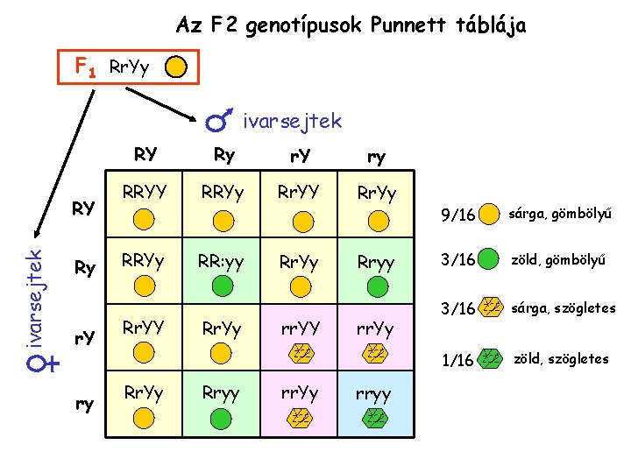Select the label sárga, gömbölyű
click(x=560, y=214)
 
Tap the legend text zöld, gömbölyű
click(x=561, y=260)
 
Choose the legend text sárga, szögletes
click(x=565, y=308)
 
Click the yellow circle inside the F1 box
click(x=176, y=67)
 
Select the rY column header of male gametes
click(x=300, y=156)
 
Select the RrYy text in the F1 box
click(x=128, y=67)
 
